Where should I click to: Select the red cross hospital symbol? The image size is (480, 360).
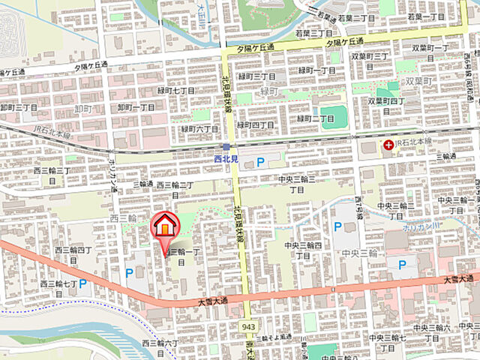click(x=388, y=145)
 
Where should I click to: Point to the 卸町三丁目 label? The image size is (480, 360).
click(x=19, y=108)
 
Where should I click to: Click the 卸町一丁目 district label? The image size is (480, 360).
click(x=136, y=108)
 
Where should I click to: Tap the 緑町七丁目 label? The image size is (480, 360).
click(x=177, y=91)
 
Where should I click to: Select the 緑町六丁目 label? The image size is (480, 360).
click(x=199, y=128)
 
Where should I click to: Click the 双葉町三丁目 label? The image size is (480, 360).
click(x=369, y=56)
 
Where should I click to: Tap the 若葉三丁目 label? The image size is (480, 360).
click(x=313, y=33)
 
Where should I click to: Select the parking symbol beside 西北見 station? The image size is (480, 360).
click(x=260, y=161)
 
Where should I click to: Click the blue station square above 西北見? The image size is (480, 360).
click(x=226, y=147)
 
